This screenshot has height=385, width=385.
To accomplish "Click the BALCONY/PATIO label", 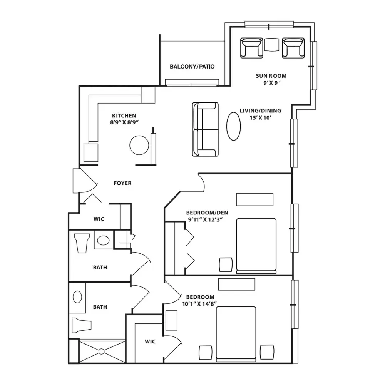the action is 192,67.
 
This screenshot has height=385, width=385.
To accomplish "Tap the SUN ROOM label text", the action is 271,76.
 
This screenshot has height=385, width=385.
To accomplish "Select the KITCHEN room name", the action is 124,115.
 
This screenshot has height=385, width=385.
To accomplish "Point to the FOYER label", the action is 122,183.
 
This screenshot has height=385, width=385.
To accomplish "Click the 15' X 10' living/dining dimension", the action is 260,118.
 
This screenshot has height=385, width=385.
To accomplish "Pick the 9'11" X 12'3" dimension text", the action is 205,219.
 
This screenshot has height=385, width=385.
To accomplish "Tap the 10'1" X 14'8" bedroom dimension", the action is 199,304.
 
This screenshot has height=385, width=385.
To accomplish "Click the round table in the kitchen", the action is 139,145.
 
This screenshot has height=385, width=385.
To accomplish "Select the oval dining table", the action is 234,126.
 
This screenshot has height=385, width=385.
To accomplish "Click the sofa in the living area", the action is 205,129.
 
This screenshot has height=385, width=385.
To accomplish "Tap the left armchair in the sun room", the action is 251,48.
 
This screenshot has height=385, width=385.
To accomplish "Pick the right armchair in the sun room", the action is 293,48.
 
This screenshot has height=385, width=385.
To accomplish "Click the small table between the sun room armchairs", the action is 272,44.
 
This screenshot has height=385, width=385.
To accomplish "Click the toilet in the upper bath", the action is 82,243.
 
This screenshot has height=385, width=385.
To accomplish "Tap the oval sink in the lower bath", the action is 77,297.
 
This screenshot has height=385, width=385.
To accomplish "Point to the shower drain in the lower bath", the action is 101,352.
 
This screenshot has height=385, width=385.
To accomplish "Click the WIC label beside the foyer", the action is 99,219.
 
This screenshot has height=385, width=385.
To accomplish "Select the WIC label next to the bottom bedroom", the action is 150,341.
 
